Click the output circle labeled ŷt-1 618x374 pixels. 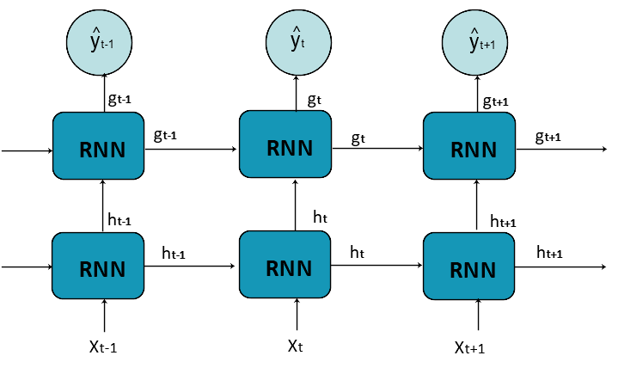point(101,38)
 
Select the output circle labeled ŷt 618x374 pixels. point(297,39)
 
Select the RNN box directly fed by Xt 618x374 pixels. point(285,266)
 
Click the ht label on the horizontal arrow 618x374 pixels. point(358,252)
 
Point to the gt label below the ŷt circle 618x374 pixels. point(314,101)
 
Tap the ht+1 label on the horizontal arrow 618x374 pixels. point(549,252)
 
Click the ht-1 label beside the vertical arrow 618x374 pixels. point(119,196)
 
